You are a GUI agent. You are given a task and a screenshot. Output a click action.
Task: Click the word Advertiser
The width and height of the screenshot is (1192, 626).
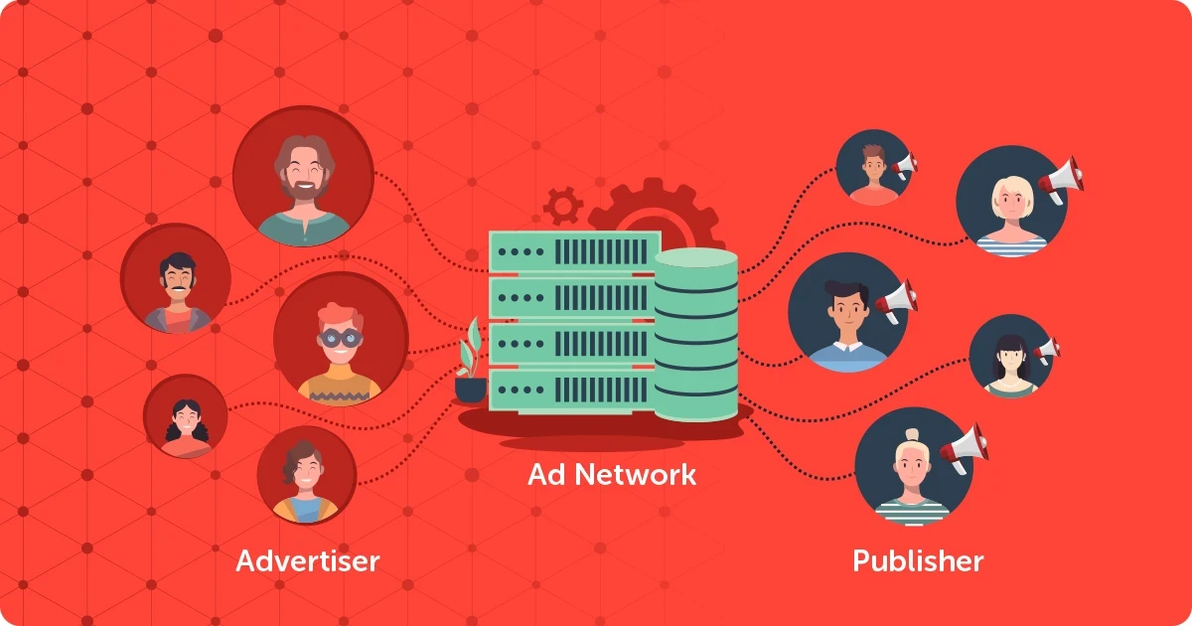click(308, 561)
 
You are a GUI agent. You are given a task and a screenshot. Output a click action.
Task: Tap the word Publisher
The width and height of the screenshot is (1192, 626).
click(918, 561)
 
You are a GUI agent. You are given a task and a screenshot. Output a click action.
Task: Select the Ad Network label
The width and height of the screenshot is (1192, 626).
click(612, 474)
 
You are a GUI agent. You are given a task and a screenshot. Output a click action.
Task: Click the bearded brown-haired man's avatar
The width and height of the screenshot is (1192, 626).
click(303, 176)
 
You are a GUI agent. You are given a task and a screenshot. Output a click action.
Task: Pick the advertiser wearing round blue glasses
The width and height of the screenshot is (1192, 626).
click(341, 339)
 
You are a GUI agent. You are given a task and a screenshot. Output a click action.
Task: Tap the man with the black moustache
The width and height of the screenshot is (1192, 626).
click(176, 278)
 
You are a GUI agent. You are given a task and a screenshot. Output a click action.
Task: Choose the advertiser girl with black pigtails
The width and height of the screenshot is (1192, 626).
click(186, 416)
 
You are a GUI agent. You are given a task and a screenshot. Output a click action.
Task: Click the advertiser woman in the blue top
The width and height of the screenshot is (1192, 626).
click(307, 475)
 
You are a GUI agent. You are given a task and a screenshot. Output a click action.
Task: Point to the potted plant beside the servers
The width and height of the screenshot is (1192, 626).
click(471, 362)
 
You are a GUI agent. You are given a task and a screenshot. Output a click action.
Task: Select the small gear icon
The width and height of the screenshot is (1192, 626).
click(563, 205)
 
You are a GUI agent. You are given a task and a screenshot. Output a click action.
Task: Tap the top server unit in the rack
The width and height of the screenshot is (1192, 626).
click(575, 251)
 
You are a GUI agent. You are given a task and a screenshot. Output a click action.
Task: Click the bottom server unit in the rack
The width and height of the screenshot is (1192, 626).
click(572, 391)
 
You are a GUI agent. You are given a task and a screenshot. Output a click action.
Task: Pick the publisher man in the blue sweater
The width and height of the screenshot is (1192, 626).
click(847, 312)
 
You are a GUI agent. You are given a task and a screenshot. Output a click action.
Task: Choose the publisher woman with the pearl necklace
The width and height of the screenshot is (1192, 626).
click(1010, 356)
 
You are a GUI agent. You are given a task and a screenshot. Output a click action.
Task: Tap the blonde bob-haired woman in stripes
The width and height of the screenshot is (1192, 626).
click(1011, 201)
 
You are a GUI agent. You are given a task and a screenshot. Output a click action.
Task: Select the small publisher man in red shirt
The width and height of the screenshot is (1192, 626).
click(874, 167)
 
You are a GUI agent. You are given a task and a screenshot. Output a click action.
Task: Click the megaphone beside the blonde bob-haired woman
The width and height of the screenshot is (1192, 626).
click(1060, 180)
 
